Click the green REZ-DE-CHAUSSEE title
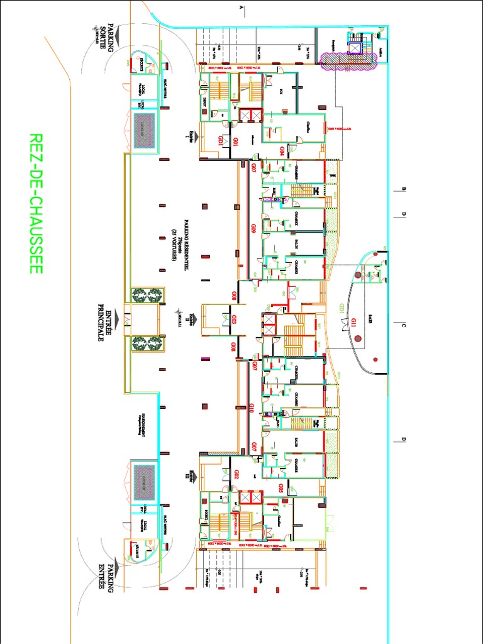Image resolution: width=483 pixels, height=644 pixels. pos(35,203)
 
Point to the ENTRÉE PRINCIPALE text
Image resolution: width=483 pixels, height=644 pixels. pos(104,321)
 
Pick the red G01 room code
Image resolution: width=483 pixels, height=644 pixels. pos(235,142)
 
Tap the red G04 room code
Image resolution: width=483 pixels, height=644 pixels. pos(282,151)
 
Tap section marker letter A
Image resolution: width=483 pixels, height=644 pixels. pos(242,8)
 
